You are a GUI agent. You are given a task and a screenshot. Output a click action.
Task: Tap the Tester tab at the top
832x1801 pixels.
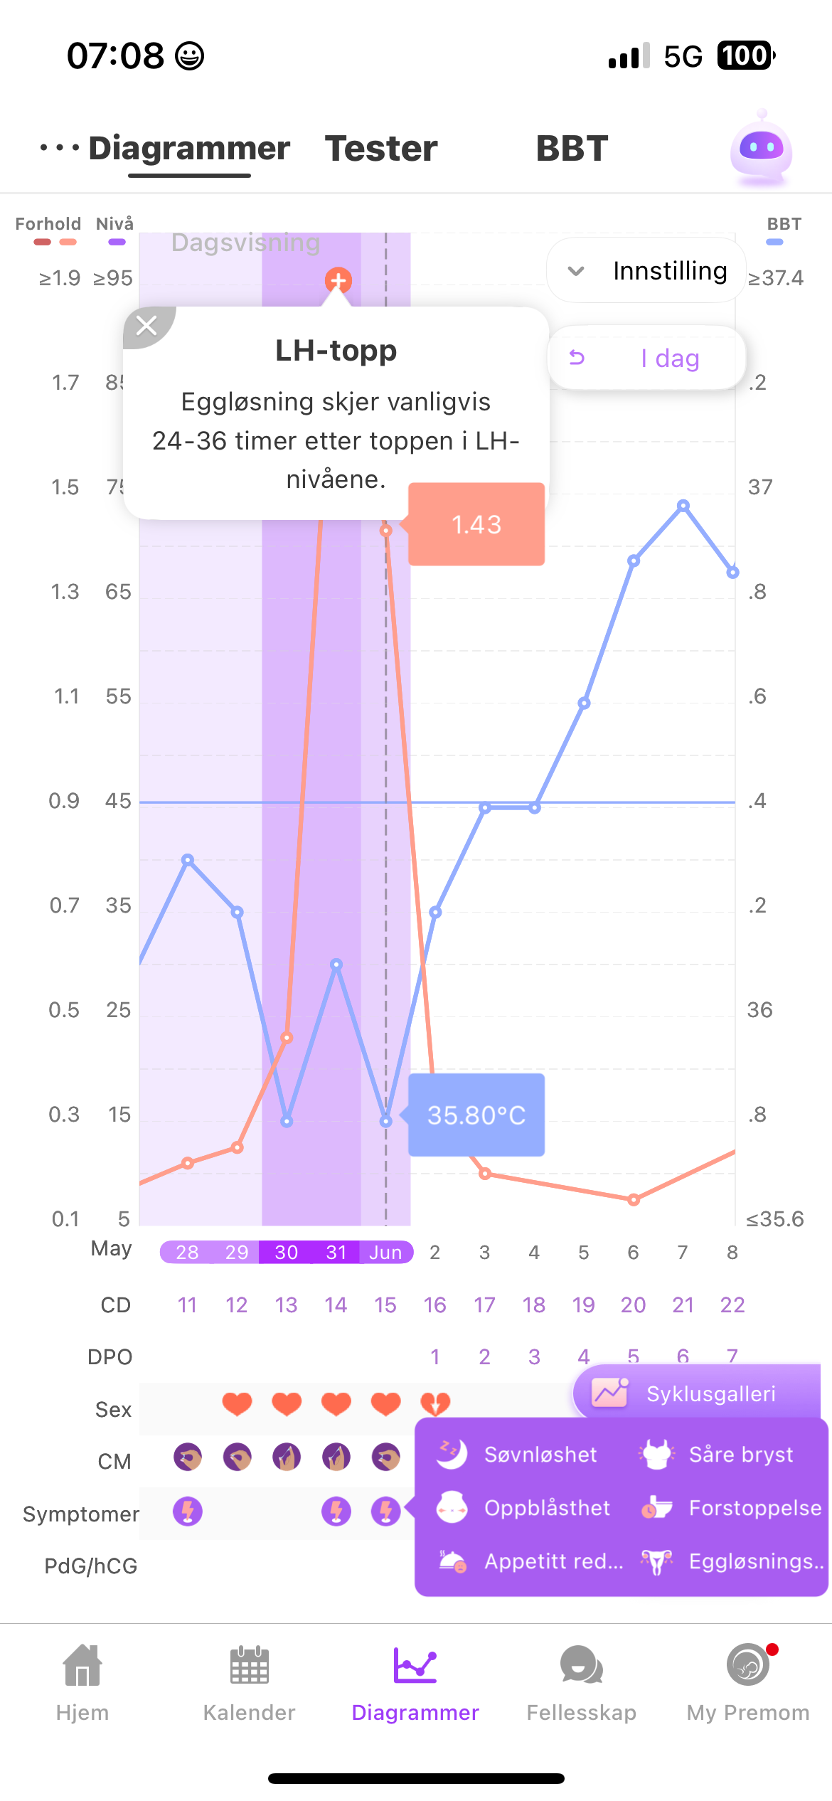[381, 149]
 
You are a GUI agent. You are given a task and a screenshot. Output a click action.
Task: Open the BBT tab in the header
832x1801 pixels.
[572, 149]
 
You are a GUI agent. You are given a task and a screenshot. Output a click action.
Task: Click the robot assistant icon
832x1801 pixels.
[761, 149]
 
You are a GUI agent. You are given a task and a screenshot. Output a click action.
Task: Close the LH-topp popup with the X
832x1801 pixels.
[147, 326]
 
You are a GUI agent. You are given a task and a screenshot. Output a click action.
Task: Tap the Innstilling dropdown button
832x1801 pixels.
[646, 271]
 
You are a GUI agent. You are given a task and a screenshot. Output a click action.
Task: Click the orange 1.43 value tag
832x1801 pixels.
[476, 525]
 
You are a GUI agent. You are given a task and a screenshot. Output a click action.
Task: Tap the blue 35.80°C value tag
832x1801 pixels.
[476, 1115]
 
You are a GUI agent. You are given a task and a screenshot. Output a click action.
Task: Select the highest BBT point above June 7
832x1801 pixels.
[683, 506]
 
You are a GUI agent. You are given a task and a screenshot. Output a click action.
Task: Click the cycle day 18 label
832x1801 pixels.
[534, 1305]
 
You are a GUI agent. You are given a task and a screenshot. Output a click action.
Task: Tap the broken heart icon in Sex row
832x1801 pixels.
[435, 1403]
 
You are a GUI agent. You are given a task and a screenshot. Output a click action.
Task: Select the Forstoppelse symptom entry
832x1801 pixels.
[732, 1508]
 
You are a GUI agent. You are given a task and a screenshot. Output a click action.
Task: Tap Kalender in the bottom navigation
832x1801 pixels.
[249, 1683]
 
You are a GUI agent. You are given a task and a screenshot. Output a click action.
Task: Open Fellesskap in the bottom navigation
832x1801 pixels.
[581, 1683]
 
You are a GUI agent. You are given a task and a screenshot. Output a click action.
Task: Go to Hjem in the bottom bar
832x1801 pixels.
[82, 1683]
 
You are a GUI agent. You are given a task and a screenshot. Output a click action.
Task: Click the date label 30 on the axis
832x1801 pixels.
[286, 1252]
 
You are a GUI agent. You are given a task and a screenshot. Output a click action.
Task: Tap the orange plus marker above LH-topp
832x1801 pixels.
[338, 281]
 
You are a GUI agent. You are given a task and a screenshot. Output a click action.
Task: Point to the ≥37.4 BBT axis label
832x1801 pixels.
[775, 278]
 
